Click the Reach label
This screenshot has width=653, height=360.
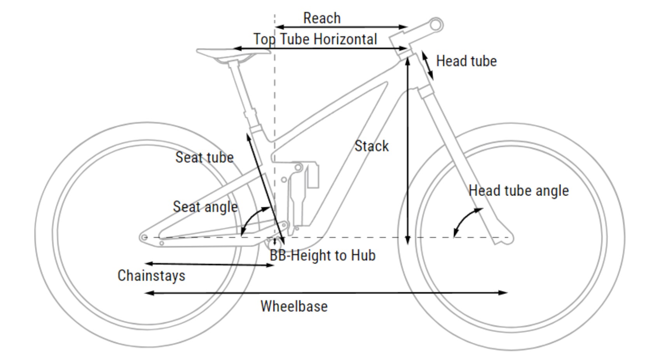coord(321,18)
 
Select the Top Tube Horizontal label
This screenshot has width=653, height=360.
coord(315,39)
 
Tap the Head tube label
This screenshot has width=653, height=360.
coord(466,61)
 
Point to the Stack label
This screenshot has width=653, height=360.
coord(371,146)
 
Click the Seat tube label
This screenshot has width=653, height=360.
coord(204,157)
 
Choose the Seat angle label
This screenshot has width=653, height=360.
coord(205,207)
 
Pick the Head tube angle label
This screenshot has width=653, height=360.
coord(518,190)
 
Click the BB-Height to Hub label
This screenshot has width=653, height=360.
coord(323,255)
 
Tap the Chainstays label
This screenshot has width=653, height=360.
coord(151,276)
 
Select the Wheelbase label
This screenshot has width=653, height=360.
coord(294,306)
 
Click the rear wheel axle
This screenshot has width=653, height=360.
coord(144,237)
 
